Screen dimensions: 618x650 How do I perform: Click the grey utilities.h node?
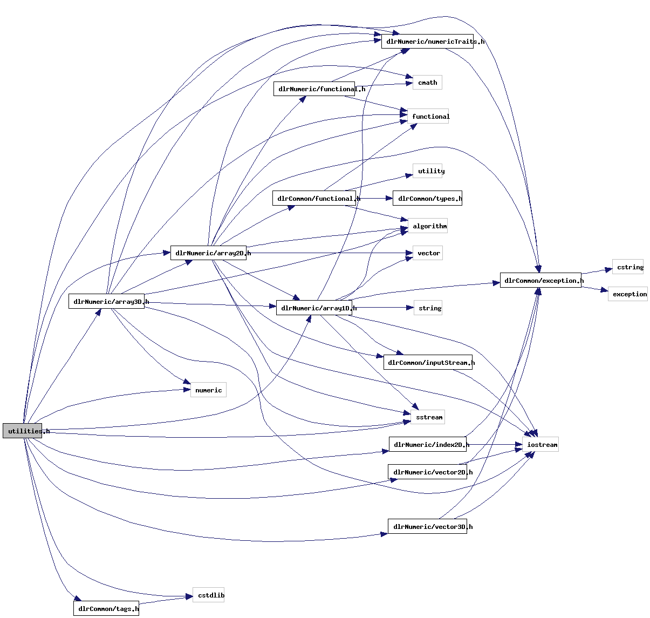22,431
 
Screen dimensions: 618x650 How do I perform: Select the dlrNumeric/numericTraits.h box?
427,42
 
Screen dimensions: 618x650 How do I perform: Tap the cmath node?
427,83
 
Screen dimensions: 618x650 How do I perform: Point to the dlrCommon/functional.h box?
314,199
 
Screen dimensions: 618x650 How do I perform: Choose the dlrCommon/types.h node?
427,199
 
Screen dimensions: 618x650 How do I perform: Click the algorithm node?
429,226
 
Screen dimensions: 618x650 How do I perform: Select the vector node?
428,253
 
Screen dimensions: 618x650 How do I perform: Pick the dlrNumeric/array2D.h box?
209,253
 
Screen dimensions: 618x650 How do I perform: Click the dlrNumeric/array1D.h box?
314,308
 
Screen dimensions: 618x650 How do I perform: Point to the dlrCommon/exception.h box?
540,281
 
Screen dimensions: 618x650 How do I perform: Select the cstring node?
628,267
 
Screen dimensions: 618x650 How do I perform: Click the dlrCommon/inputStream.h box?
428,363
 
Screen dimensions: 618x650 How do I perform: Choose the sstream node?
428,417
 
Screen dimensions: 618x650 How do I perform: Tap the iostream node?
540,445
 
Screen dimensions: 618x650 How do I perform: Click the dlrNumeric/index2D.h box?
427,445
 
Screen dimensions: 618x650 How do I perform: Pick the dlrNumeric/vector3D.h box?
427,527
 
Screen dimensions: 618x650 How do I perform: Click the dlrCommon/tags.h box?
106,609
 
